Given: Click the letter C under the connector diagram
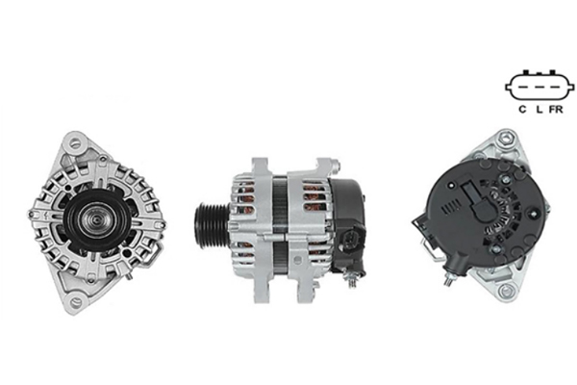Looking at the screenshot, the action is point(522,110).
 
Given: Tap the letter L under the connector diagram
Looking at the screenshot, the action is point(539,110).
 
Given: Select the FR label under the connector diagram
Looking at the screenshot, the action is point(556,110).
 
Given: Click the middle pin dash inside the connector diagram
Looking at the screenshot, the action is point(539,88).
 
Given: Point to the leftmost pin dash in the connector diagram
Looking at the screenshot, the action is point(524,88).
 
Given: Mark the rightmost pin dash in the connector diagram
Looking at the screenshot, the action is point(555,88).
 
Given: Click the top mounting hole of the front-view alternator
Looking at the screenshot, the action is point(75,142).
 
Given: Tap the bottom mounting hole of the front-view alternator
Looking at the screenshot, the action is point(76,301).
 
